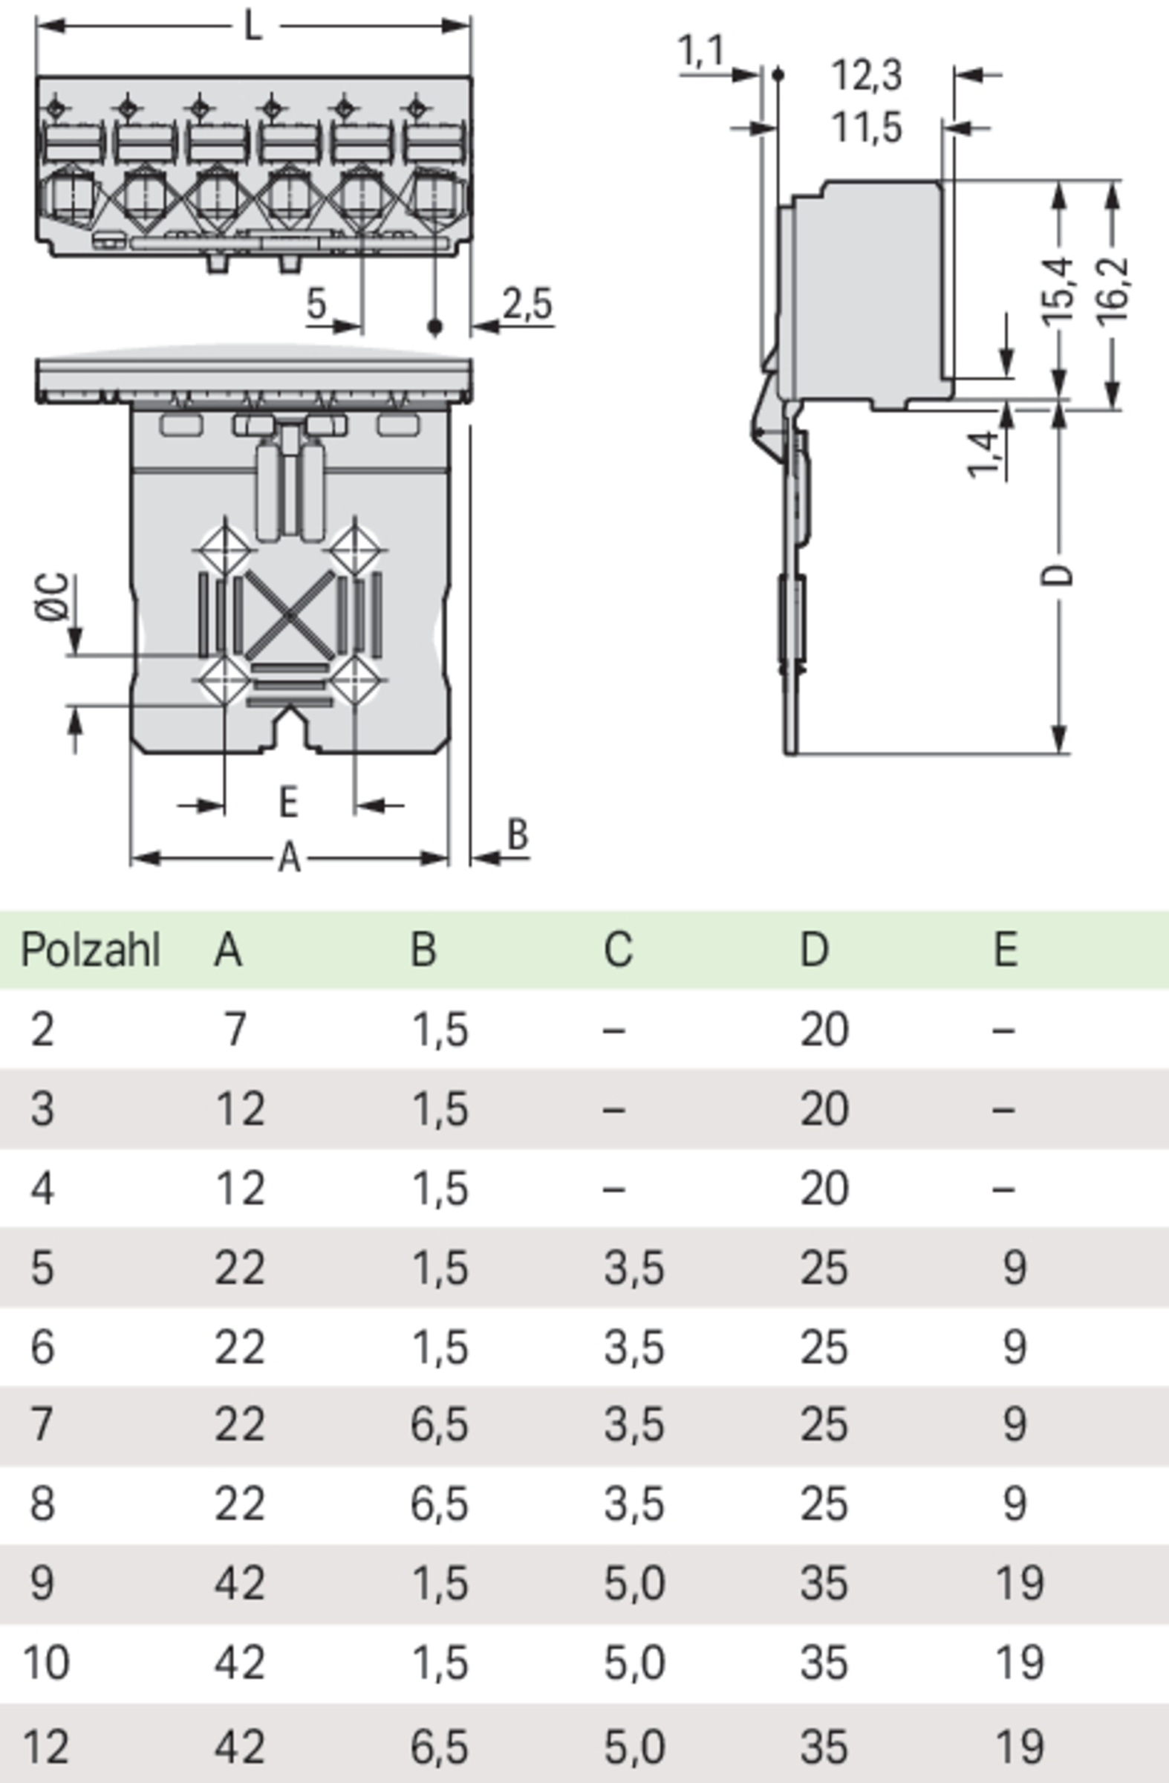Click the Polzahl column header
pyautogui.click(x=91, y=951)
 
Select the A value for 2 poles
pyautogui.click(x=235, y=1030)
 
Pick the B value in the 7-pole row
pyautogui.click(x=440, y=1424)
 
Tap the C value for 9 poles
pyautogui.click(x=634, y=1583)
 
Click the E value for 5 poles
pyautogui.click(x=1014, y=1268)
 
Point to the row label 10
pyautogui.click(x=47, y=1663)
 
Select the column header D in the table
pyautogui.click(x=815, y=951)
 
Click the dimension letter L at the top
pyautogui.click(x=254, y=27)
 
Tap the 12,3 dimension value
pyautogui.click(x=867, y=76)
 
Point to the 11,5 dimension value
pyautogui.click(x=867, y=128)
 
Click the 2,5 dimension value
pyautogui.click(x=527, y=304)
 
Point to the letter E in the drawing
pyautogui.click(x=288, y=802)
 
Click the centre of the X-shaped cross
pyautogui.click(x=289, y=615)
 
